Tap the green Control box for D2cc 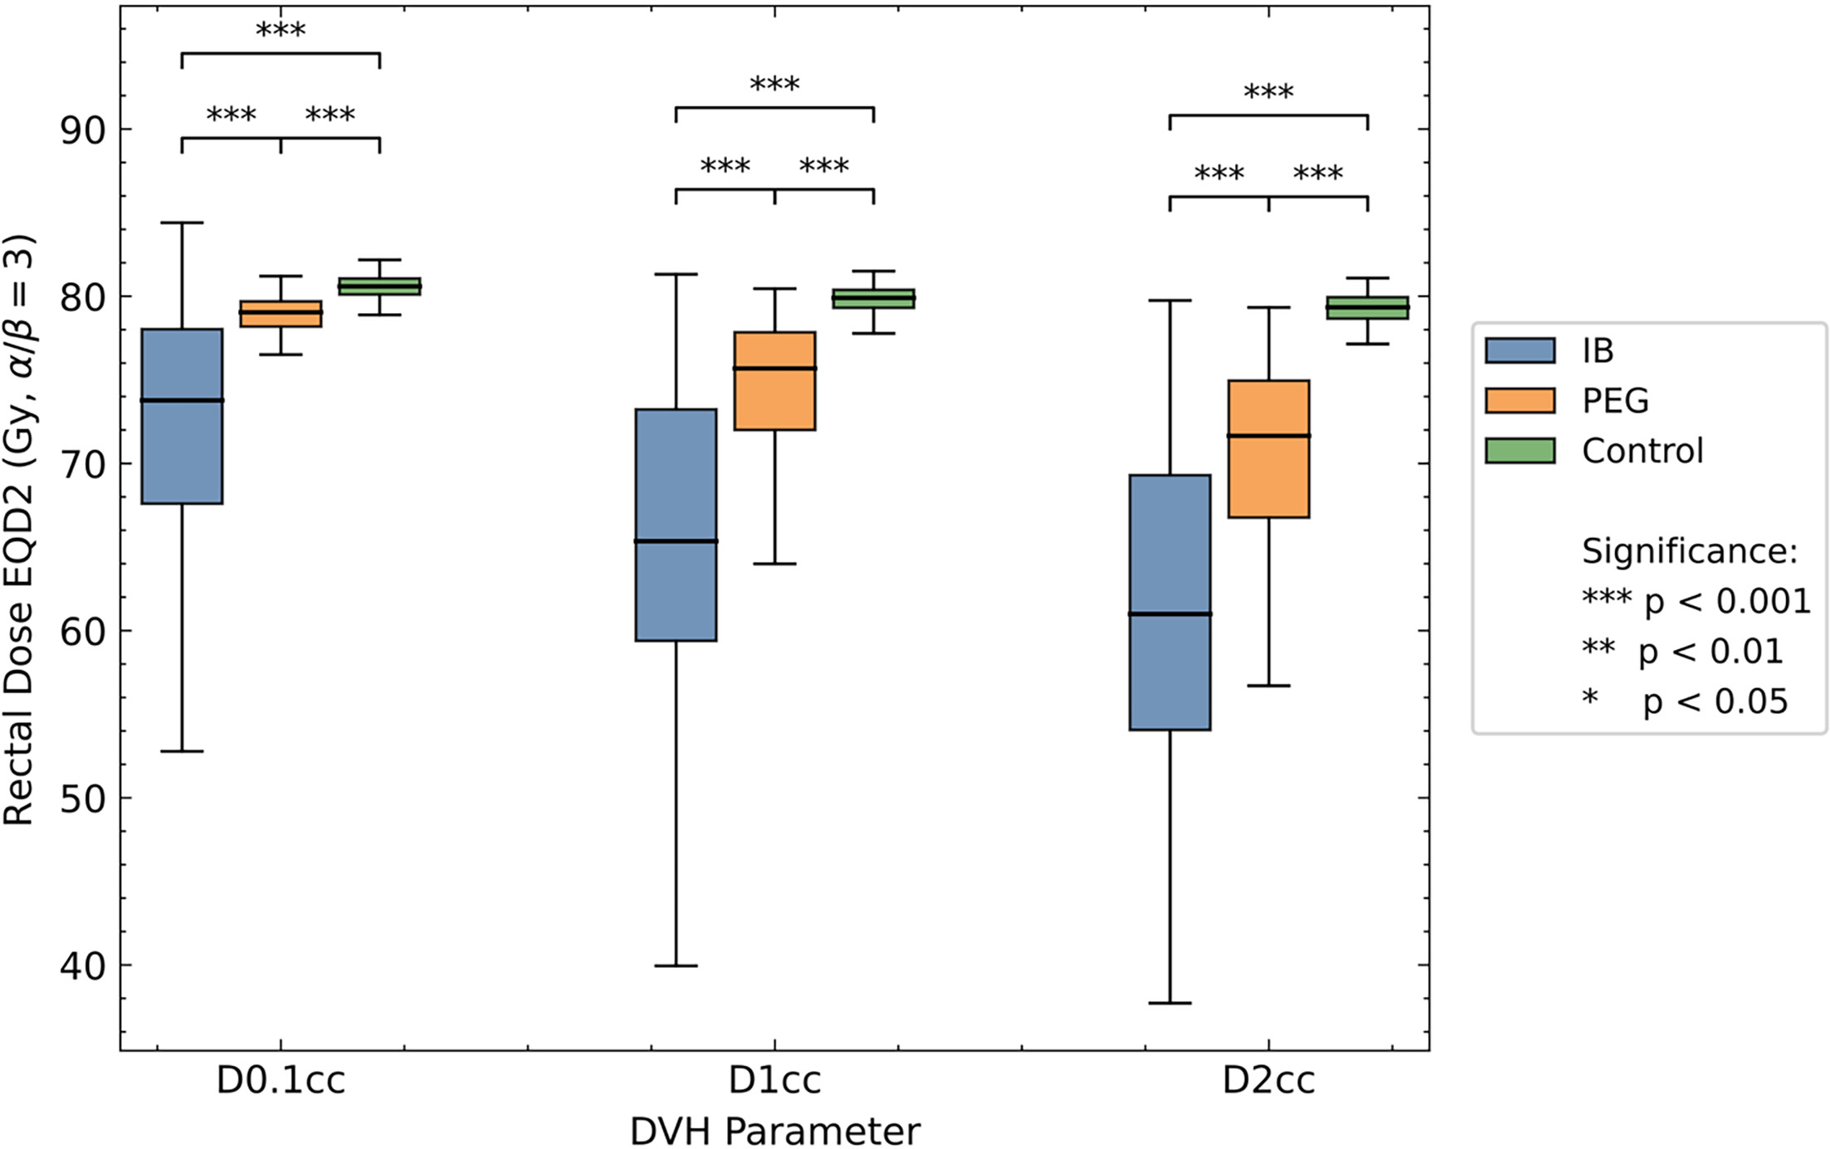(1367, 308)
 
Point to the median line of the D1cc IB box (676, 541)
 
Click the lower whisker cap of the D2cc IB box (1169, 1003)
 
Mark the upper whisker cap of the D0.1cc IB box (182, 222)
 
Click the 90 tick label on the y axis (84, 131)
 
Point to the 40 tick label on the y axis (84, 966)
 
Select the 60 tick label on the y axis (84, 632)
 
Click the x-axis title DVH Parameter (774, 1131)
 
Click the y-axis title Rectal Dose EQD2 (18, 531)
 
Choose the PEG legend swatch (1520, 400)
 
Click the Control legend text (1642, 451)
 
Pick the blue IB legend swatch (1520, 350)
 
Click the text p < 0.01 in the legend (1710, 652)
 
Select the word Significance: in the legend (1689, 551)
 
